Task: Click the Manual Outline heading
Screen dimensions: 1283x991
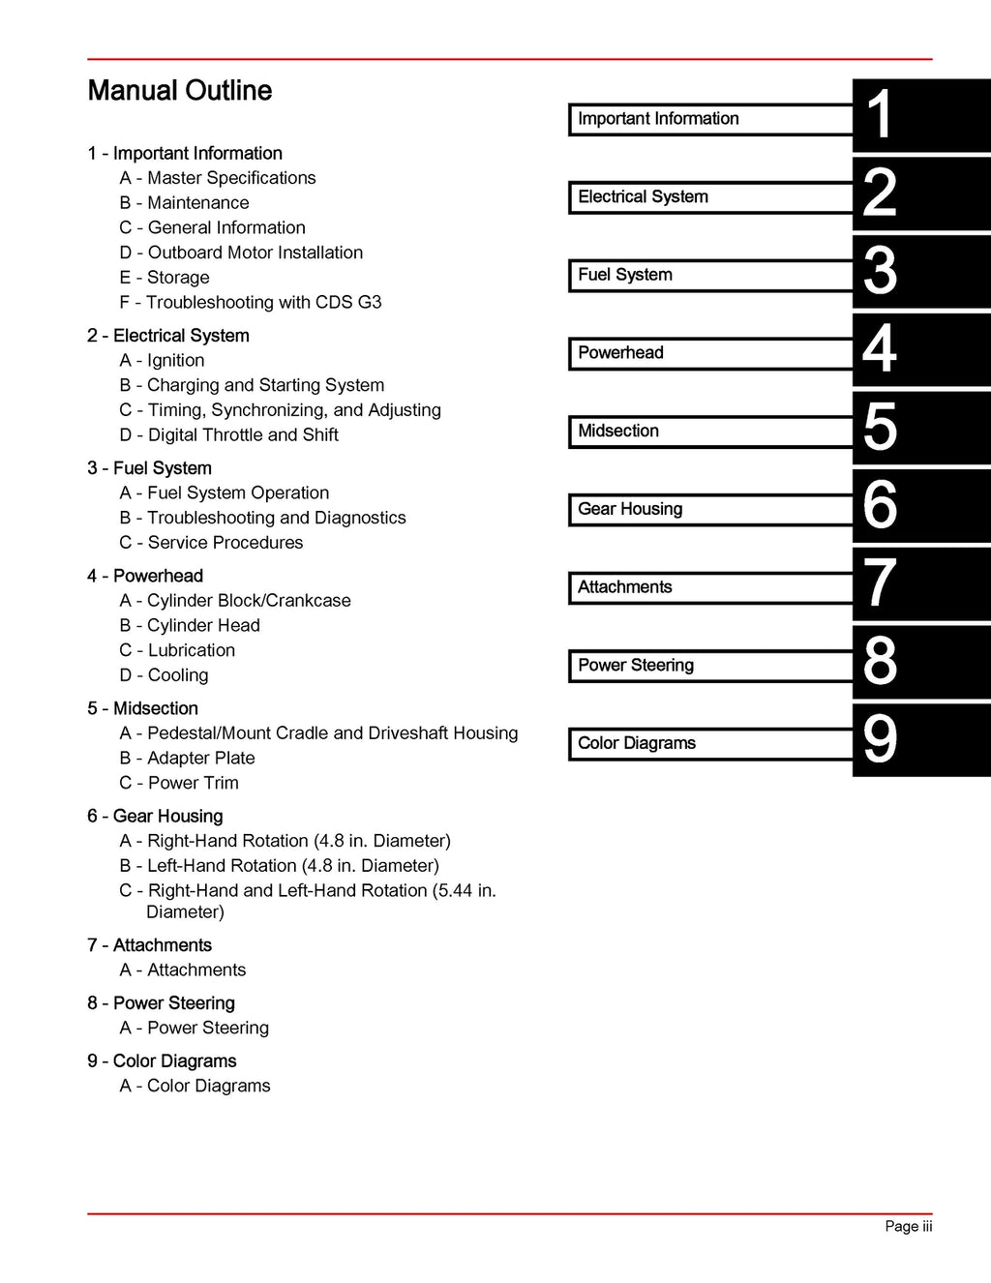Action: (179, 91)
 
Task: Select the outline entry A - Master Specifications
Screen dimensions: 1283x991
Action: (218, 178)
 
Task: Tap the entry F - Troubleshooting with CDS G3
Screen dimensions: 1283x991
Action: (251, 303)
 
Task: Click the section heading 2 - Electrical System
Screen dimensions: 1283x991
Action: (168, 336)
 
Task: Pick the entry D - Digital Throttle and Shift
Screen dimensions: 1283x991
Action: (229, 435)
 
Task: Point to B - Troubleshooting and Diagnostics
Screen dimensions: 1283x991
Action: (263, 518)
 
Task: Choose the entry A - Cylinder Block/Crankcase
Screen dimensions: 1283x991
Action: (235, 601)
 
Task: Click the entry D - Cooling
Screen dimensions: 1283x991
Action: (165, 675)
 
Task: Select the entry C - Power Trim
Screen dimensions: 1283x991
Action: (179, 783)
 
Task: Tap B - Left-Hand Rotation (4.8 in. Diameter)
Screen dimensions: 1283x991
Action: (280, 866)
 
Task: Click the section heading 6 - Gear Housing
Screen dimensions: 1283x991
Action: (155, 817)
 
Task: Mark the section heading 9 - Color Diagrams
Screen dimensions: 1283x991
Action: (162, 1061)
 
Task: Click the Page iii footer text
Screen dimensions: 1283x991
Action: (908, 1227)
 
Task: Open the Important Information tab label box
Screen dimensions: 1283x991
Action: (710, 119)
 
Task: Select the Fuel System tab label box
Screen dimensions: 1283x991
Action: (710, 275)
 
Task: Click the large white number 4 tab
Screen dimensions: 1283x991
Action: (880, 349)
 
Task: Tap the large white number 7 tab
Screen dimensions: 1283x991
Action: (880, 583)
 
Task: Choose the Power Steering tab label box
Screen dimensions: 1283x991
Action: (710, 666)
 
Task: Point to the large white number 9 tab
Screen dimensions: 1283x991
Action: (880, 740)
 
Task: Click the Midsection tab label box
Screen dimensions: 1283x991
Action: (710, 432)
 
